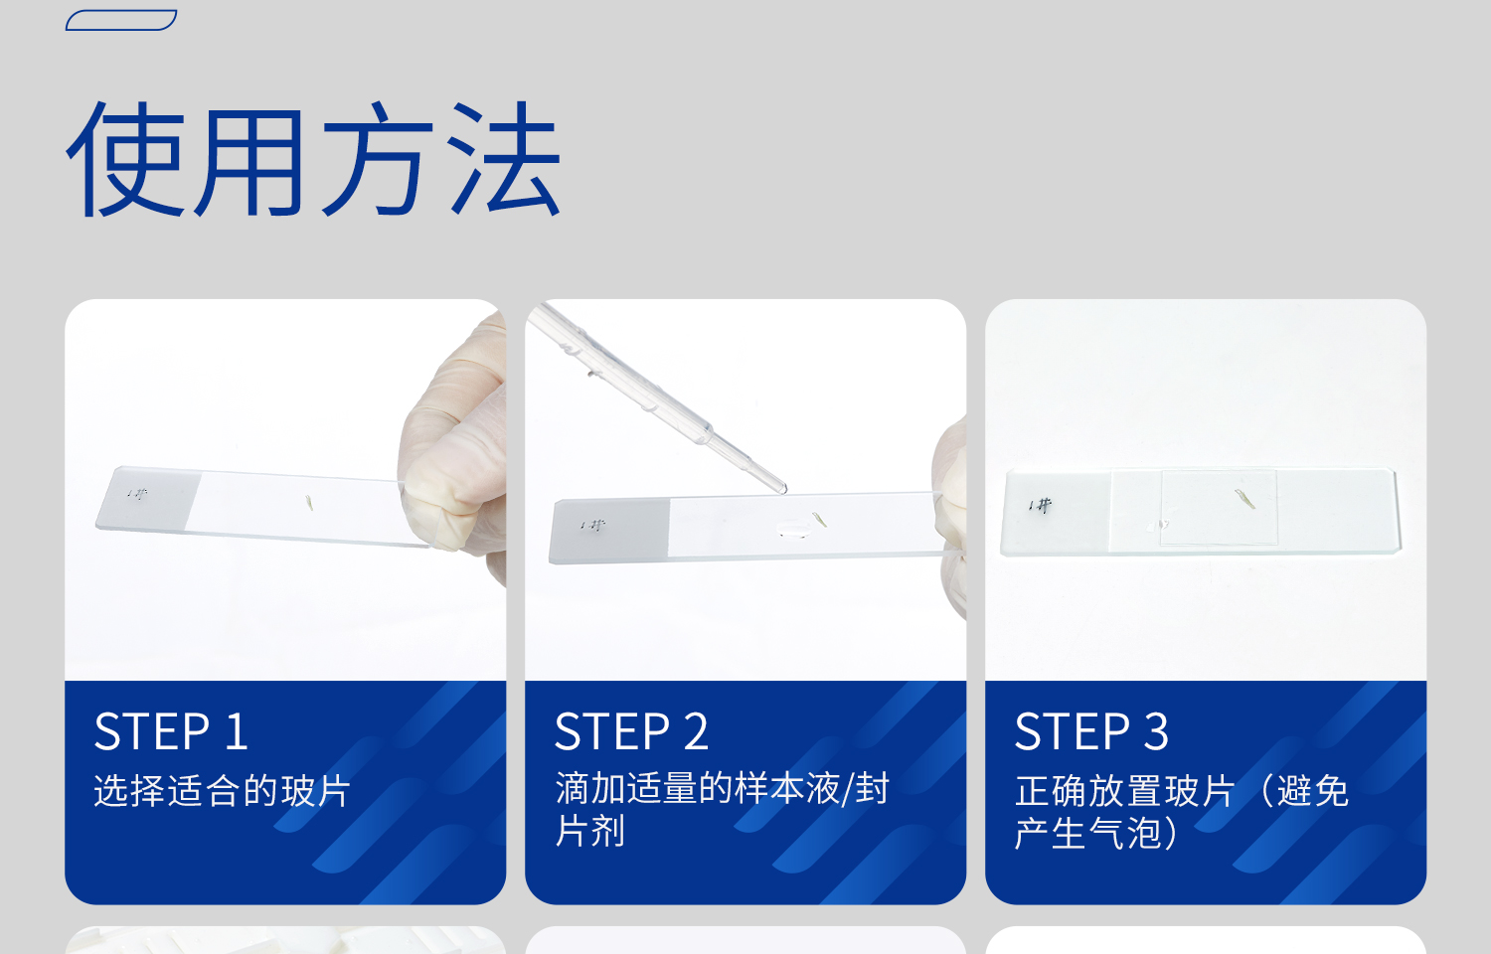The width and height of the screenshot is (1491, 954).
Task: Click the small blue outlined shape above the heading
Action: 121,20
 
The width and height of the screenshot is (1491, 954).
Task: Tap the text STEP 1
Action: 171,731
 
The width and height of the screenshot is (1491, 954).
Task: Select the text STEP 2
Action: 631,731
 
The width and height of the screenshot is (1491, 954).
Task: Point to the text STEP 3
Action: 1091,731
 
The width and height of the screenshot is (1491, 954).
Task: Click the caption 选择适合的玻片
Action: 222,791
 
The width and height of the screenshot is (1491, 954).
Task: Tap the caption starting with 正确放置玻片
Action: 1182,812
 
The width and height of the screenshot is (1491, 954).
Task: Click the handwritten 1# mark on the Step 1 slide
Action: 137,494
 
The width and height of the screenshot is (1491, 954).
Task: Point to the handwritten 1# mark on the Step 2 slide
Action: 592,526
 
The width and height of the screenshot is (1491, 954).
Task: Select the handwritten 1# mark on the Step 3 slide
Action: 1041,506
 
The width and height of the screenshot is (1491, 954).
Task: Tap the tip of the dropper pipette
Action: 784,490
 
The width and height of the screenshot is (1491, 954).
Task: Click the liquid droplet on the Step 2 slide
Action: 793,529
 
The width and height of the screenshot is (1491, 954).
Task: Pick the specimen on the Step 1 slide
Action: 309,504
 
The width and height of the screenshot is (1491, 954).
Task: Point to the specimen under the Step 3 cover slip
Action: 1245,499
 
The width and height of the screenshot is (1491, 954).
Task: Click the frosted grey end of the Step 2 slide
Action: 610,531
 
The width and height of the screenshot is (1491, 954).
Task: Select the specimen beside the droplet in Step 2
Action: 820,519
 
